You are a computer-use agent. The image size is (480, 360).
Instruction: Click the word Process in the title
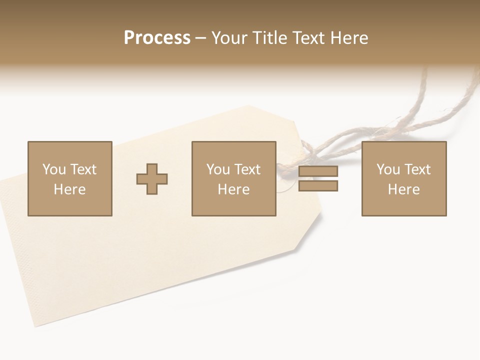(x=157, y=38)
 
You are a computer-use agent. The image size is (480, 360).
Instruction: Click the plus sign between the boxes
(x=152, y=179)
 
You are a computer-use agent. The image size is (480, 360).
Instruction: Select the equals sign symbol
(x=318, y=178)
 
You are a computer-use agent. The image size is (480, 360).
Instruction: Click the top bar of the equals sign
(x=318, y=171)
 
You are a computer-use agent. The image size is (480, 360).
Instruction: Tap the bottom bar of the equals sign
(x=318, y=185)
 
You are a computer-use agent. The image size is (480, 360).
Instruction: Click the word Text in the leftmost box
(x=83, y=169)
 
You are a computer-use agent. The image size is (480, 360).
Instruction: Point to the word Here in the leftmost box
(x=69, y=189)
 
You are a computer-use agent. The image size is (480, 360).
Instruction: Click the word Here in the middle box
(x=233, y=189)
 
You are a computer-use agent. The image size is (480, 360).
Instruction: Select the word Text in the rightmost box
(x=417, y=169)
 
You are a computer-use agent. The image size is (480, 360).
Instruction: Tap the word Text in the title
(x=306, y=38)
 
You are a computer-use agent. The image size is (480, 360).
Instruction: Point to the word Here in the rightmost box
(x=403, y=189)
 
